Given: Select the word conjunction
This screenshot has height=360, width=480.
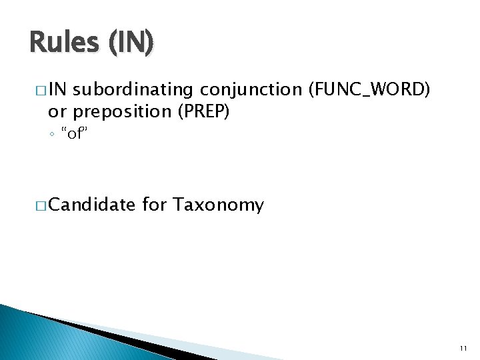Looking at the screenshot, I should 251,89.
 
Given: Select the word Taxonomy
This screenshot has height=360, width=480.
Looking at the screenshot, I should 218,205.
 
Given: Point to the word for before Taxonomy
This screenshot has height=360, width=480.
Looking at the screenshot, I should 154,205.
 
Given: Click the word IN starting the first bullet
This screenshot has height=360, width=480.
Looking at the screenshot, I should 57,89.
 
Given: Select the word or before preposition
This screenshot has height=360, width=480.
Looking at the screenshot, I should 57,111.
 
